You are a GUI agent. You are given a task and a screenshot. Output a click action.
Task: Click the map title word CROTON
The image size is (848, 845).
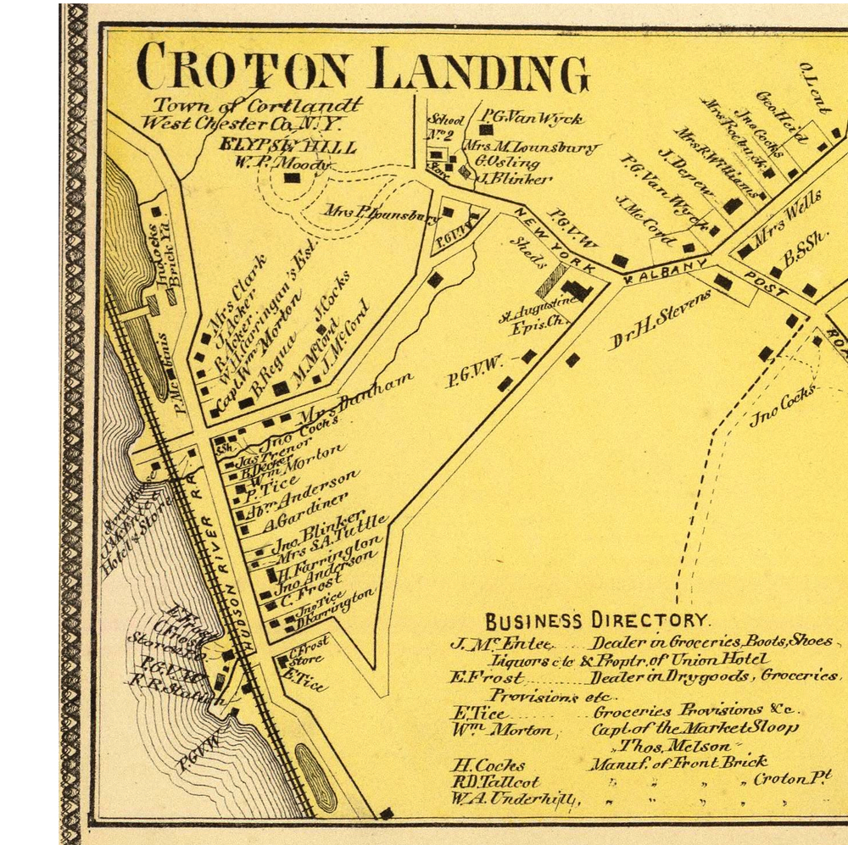pos(247,67)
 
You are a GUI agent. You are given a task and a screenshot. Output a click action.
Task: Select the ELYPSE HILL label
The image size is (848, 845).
pos(287,146)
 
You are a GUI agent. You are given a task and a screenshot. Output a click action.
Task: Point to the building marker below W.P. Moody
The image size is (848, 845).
pos(292,178)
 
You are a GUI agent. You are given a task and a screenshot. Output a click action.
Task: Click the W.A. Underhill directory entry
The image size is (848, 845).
pos(514,799)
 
